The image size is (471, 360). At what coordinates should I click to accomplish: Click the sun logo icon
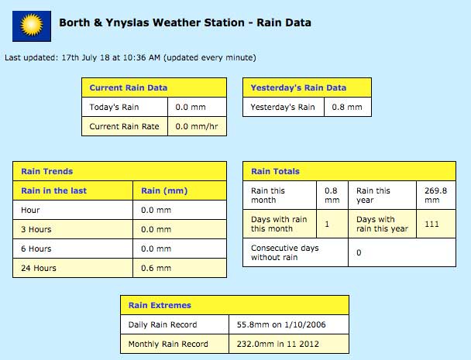[x=32, y=26]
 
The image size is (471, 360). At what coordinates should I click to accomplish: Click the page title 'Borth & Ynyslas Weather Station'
[x=152, y=22]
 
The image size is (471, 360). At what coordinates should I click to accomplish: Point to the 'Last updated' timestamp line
[x=130, y=57]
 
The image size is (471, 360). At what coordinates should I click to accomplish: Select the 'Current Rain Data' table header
[x=129, y=87]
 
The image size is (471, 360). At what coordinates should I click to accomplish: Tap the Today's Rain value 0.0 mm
[x=191, y=107]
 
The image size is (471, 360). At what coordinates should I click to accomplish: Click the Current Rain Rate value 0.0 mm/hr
[x=197, y=126]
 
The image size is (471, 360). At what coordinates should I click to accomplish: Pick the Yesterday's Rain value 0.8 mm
[x=347, y=107]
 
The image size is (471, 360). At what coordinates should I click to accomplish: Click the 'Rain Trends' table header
[x=46, y=171]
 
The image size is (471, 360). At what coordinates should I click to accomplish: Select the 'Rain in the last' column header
[x=53, y=190]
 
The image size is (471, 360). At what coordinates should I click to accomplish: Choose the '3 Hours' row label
[x=36, y=229]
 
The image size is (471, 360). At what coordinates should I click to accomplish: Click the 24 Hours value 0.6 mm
[x=156, y=268]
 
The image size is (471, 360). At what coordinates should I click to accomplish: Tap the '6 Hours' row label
[x=36, y=249]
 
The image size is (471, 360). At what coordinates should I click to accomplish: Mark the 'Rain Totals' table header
[x=275, y=171]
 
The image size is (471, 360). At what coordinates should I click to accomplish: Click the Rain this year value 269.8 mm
[x=435, y=195]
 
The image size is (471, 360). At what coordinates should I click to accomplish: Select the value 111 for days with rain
[x=431, y=224]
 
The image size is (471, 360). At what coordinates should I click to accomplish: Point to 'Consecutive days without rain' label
[x=285, y=252]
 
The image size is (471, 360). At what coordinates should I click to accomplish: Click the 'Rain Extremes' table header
[x=160, y=305]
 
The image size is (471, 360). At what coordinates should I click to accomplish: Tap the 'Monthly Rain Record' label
[x=168, y=344]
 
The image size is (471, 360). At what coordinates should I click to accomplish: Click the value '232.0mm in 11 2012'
[x=277, y=344]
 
